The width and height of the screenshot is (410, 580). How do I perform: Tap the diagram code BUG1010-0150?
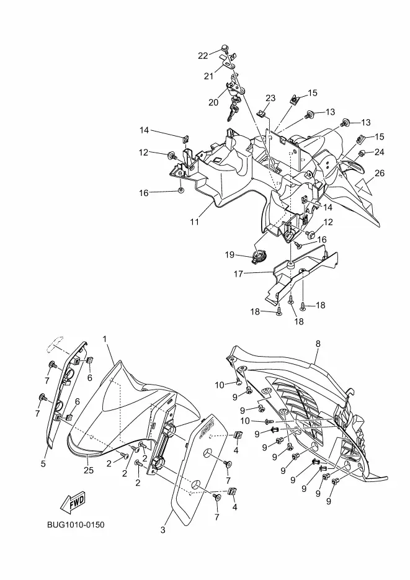(76, 525)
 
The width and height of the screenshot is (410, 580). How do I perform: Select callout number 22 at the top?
(203, 56)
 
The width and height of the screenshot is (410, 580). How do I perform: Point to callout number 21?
(209, 76)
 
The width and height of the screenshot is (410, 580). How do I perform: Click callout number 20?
(213, 102)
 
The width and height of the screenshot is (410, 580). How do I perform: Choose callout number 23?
(270, 99)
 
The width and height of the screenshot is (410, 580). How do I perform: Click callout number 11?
(194, 221)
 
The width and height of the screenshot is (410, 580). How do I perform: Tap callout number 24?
(379, 152)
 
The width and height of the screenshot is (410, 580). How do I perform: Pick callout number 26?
(380, 173)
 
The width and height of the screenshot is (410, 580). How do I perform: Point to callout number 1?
(105, 339)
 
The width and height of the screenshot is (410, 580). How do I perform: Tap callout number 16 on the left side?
(144, 193)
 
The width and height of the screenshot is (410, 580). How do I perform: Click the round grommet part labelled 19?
(257, 257)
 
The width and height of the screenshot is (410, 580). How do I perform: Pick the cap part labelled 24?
(362, 153)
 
